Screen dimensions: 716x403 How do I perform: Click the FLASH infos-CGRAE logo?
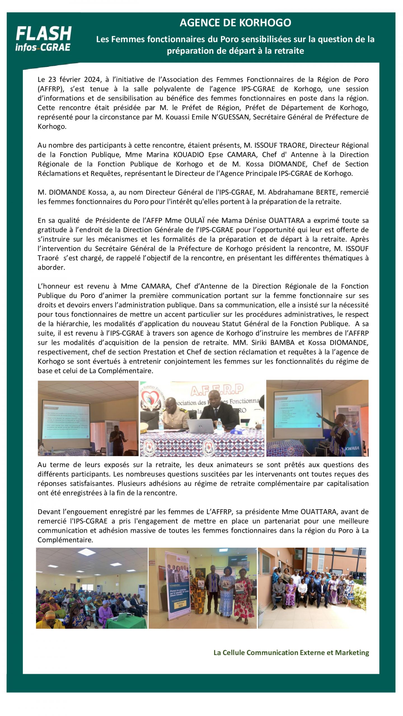[43, 39]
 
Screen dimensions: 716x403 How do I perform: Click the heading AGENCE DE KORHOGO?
[235, 23]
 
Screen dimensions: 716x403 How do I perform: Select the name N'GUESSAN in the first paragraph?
[230, 117]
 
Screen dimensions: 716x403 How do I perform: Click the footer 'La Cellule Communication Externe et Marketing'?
[291, 653]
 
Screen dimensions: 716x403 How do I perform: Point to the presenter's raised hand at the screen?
[318, 415]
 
